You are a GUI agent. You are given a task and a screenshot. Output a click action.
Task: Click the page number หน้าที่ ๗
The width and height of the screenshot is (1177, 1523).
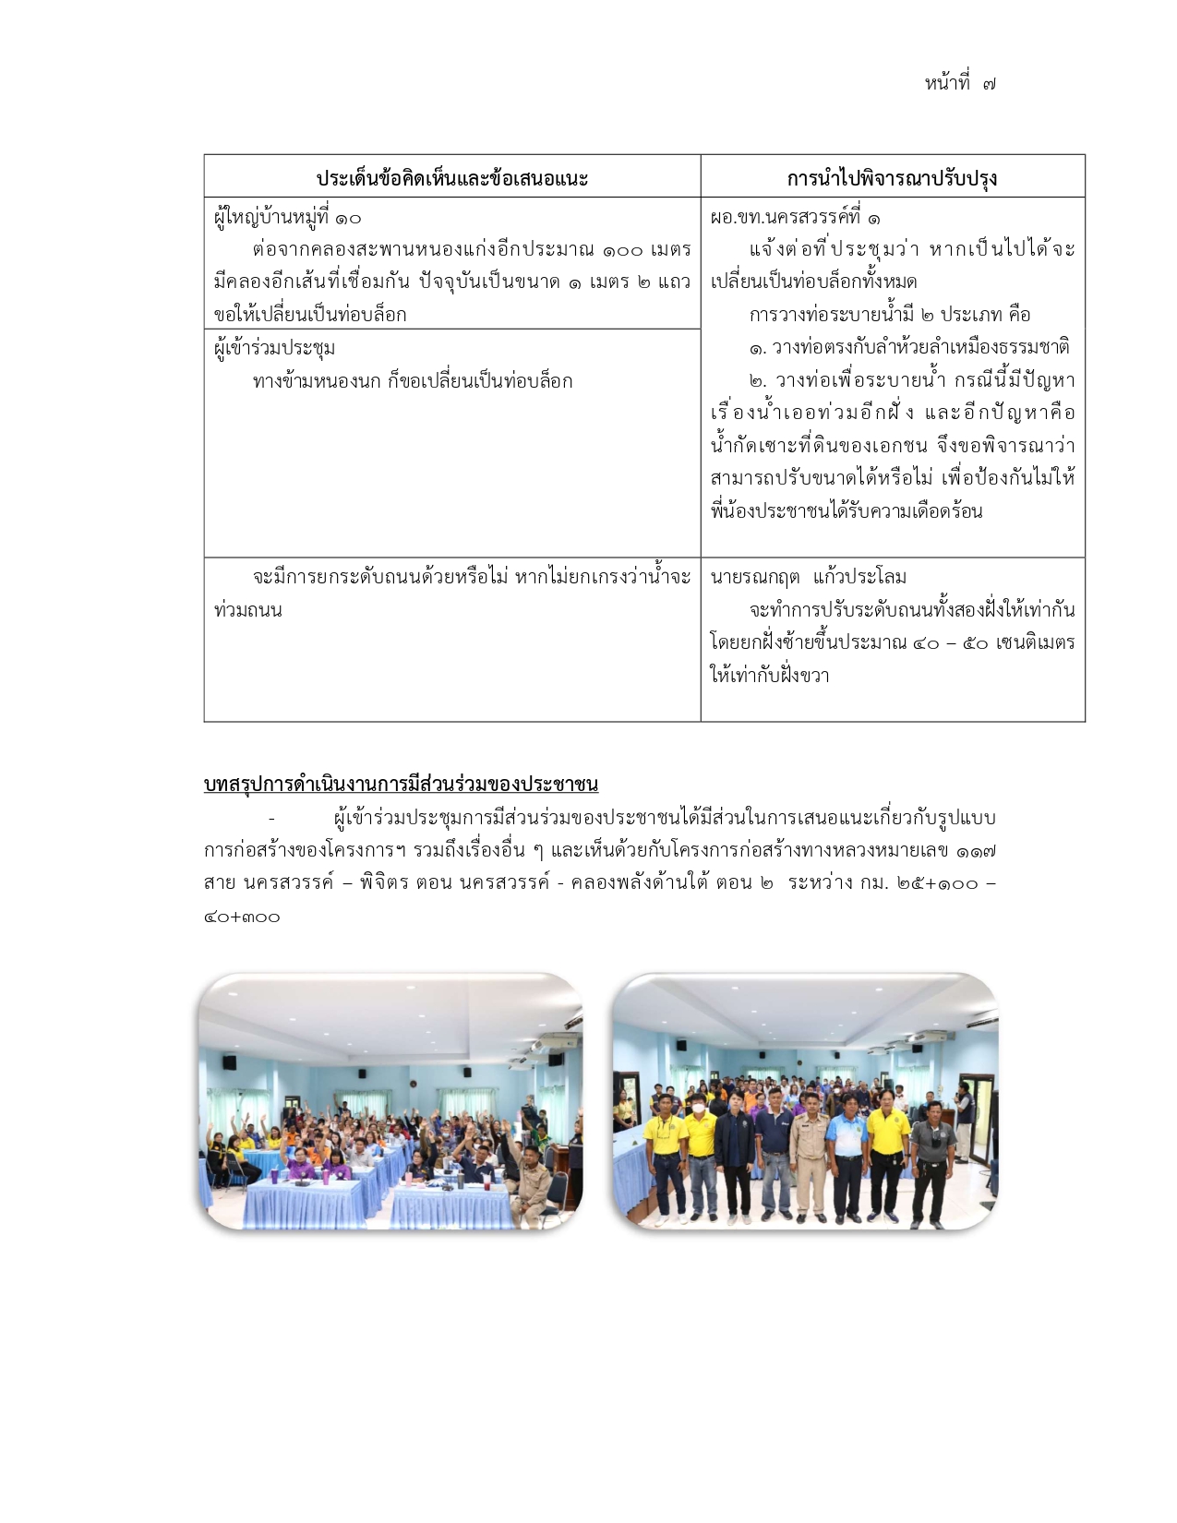(959, 84)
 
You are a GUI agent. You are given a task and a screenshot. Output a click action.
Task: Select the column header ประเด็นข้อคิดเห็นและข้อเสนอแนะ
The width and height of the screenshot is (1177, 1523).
(452, 179)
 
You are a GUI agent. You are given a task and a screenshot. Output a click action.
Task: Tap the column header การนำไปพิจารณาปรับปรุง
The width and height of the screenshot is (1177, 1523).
(892, 179)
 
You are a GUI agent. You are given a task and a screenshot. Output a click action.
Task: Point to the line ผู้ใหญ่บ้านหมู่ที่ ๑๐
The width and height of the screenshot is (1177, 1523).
(287, 219)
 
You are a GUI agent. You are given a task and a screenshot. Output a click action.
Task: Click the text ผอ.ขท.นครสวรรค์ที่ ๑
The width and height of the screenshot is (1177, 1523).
(795, 219)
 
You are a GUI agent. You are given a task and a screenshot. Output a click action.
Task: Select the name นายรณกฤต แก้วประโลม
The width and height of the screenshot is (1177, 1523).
(809, 578)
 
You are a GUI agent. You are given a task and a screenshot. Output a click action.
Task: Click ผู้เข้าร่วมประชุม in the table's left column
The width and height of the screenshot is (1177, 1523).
(274, 349)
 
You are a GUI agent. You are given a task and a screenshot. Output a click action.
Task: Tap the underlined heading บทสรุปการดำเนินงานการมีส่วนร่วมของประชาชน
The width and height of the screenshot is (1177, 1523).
(401, 785)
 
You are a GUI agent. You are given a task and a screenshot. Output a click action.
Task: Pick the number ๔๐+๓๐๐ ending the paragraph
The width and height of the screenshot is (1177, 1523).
(242, 917)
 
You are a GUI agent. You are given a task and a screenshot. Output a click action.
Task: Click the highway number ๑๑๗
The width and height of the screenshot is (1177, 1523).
(976, 851)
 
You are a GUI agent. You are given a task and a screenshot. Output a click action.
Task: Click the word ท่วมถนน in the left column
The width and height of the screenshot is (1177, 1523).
(247, 611)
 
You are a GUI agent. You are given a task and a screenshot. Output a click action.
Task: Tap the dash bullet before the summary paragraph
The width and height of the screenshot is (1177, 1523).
(271, 819)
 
